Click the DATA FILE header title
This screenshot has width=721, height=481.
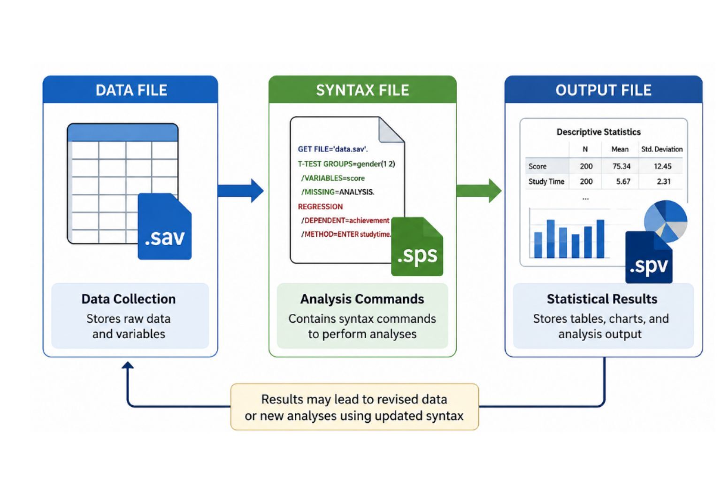tap(131, 90)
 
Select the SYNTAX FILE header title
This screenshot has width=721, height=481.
tap(362, 90)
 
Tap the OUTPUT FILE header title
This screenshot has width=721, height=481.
tap(604, 90)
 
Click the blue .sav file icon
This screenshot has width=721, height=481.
tap(165, 226)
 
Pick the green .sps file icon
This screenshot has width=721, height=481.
tap(417, 247)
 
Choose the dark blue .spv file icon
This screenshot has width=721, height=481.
tap(649, 257)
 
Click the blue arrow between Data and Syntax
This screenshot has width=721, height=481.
tap(240, 191)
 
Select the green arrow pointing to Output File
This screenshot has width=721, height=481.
tap(479, 191)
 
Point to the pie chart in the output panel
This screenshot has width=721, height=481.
tap(666, 221)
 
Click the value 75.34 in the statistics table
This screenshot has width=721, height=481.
tap(621, 166)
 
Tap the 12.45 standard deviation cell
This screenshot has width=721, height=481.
tap(662, 166)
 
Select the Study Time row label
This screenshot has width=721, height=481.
tap(546, 182)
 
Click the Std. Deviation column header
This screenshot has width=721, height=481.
tap(662, 149)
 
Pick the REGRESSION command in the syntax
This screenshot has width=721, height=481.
tap(320, 207)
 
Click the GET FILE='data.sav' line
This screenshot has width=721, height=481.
tap(333, 149)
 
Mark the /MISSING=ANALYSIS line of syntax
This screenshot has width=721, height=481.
tap(337, 192)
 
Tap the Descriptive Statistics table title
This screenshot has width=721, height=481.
tap(598, 132)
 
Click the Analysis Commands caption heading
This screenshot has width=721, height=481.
tap(362, 299)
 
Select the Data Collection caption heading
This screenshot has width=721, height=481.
tap(129, 299)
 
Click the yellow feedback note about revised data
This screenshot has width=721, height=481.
tap(354, 407)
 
